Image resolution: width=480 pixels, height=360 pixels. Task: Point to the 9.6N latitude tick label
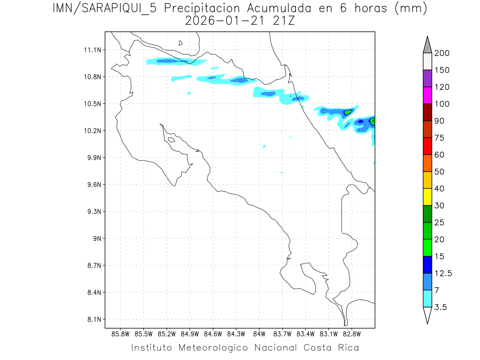(93, 185)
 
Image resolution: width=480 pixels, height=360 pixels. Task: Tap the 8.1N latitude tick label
(93, 320)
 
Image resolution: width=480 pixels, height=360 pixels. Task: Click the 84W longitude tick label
(259, 334)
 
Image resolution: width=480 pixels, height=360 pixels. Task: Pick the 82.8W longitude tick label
(352, 334)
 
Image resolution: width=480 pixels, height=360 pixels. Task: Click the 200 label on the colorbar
(442, 53)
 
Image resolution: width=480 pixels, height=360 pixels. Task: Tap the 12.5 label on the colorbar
(443, 274)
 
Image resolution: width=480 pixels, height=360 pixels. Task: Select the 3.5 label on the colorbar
(441, 307)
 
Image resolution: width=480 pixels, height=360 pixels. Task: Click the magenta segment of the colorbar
(427, 95)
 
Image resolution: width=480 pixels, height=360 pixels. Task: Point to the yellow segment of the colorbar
(427, 197)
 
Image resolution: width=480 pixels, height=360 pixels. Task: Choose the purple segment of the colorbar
(427, 78)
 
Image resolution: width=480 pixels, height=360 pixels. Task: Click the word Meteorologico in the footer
(216, 348)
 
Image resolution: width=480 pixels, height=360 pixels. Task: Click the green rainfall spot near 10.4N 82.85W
(348, 112)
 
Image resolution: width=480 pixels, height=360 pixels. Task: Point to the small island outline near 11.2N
(181, 43)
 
